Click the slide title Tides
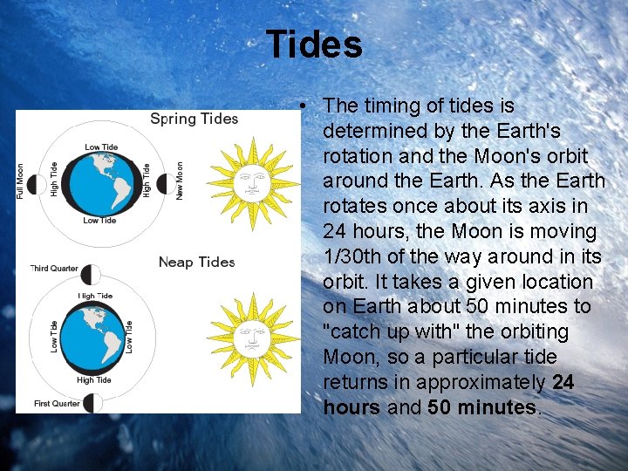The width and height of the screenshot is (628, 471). (x=314, y=44)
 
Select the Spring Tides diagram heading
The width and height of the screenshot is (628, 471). (x=194, y=119)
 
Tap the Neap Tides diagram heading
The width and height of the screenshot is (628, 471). (x=196, y=262)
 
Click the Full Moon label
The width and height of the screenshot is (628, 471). (x=21, y=181)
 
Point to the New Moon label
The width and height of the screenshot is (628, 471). (x=180, y=181)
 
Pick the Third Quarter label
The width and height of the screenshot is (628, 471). (x=56, y=268)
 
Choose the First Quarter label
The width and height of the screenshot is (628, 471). (x=57, y=404)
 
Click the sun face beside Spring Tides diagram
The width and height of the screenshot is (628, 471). (x=252, y=181)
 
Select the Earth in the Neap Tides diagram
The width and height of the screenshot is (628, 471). (x=89, y=336)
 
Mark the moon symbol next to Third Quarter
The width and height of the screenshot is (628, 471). (x=91, y=275)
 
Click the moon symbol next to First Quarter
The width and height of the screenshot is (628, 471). (x=92, y=402)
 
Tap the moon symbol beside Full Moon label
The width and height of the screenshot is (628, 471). (x=38, y=184)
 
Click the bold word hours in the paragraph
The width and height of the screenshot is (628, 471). (x=352, y=407)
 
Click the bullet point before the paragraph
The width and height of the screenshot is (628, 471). (x=299, y=106)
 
